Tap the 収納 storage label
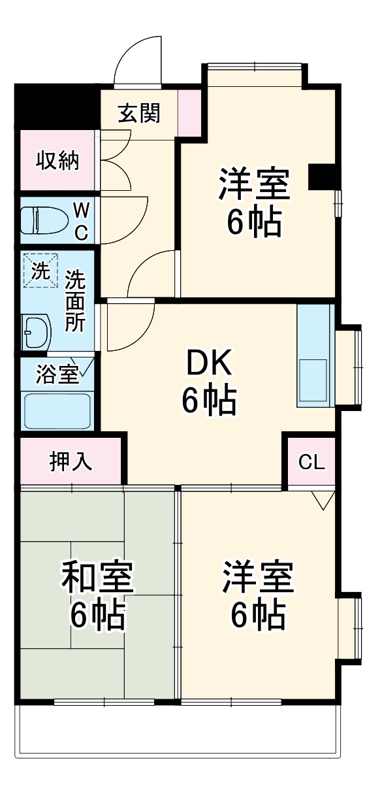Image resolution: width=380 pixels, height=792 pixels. (x=57, y=160)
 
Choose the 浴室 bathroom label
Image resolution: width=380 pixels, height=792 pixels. (x=57, y=374)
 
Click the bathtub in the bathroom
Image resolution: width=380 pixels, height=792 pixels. (x=56, y=410)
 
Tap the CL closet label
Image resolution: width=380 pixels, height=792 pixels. (x=311, y=462)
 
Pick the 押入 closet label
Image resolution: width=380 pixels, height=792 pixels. (x=71, y=461)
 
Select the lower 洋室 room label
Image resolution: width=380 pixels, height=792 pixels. (x=258, y=594)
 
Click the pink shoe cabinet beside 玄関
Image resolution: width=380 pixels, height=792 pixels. (x=189, y=112)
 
